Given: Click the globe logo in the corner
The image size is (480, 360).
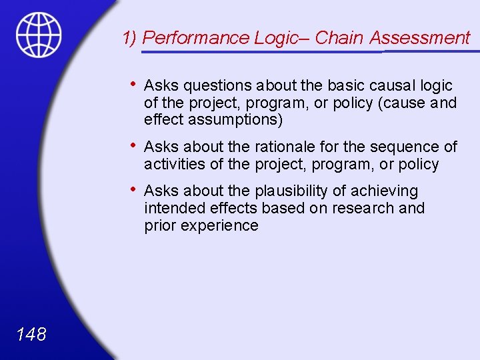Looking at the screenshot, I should [39, 34].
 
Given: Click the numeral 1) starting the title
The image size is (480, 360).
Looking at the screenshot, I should [131, 38].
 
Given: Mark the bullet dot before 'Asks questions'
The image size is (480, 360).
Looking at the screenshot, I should [134, 84].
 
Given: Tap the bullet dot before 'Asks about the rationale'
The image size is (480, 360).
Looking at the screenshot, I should [134, 145].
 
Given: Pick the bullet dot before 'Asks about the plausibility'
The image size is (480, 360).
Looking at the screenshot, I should [134, 189].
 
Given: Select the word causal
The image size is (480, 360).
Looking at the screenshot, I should [392, 85].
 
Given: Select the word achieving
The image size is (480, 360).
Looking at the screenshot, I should [385, 191].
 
